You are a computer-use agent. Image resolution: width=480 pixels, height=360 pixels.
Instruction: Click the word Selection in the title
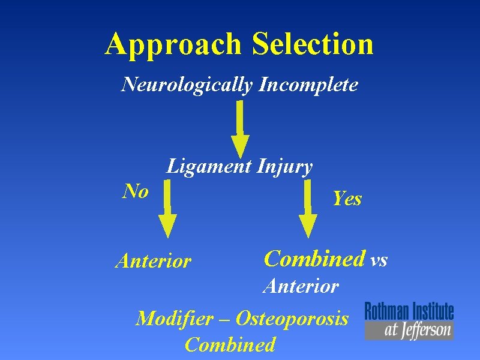point(313,44)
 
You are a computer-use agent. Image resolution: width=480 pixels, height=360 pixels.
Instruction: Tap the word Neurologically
point(187,85)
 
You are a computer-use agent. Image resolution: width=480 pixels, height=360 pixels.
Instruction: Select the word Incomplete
point(309,85)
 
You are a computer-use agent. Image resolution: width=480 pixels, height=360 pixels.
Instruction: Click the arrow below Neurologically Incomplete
point(240,129)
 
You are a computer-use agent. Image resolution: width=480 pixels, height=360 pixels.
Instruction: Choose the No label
point(136,191)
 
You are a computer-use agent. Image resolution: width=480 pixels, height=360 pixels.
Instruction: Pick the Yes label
point(347,198)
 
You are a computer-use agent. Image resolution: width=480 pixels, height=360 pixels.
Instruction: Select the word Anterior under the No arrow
point(153,262)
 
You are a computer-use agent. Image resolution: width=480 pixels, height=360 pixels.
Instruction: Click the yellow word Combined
point(314,259)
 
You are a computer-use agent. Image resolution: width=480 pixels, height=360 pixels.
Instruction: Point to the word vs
point(379,260)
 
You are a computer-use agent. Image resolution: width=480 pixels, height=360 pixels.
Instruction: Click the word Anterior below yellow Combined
point(301,286)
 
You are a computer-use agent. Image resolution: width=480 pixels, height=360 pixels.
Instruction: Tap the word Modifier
point(174,318)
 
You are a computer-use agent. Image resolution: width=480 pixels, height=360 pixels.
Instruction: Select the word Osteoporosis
point(292,318)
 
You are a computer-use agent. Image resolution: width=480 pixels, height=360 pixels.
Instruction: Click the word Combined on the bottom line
point(230,345)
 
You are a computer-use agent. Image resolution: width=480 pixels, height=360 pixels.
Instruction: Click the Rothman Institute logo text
point(409,311)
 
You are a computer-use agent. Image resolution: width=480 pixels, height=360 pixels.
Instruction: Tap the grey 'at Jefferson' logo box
point(409,330)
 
